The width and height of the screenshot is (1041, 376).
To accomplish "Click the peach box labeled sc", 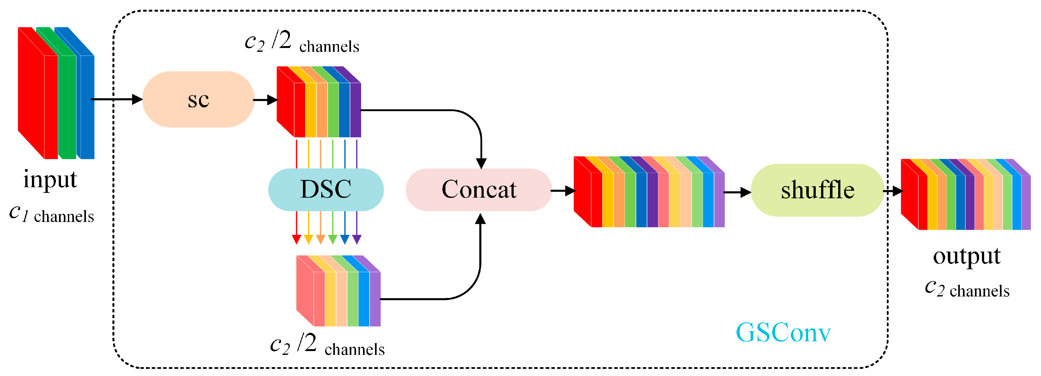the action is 198,99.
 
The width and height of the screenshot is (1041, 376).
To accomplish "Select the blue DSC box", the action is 326,189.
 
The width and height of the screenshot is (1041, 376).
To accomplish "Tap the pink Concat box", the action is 479,189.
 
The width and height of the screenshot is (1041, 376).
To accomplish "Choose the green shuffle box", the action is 817,190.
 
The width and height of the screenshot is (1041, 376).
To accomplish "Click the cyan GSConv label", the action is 783,332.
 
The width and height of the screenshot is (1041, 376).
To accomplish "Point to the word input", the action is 50,180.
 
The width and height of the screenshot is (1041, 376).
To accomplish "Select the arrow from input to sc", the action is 117,99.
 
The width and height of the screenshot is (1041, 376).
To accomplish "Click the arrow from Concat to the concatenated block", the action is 563,191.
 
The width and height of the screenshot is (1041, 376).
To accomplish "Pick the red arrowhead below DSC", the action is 297,240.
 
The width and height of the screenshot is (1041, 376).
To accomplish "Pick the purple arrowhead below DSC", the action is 357,240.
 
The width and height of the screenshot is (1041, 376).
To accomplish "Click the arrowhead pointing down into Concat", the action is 481,163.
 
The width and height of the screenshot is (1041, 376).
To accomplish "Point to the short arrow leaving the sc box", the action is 265,100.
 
